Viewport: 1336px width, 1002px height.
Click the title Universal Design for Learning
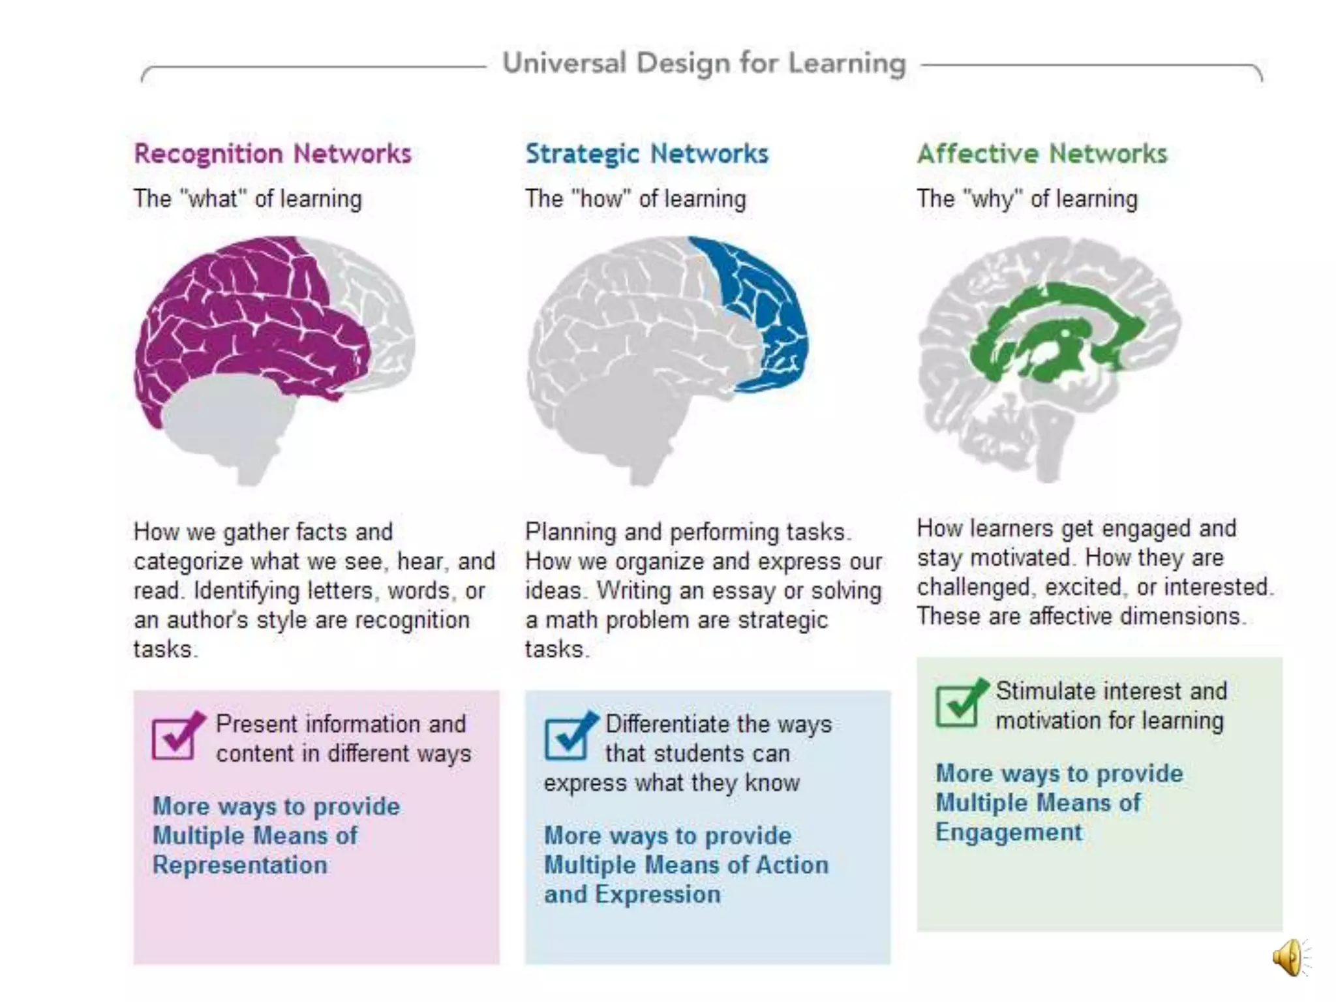pyautogui.click(x=704, y=64)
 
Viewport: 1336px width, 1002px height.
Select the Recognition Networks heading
pyautogui.click(x=273, y=154)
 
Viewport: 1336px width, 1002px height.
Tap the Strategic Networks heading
pyautogui.click(x=647, y=154)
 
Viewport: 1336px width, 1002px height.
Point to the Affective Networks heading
pyautogui.click(x=1042, y=154)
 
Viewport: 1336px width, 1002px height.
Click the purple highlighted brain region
pyautogui.click(x=248, y=313)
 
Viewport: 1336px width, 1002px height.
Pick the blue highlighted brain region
pyautogui.click(x=770, y=313)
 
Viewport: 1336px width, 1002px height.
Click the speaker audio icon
pyautogui.click(x=1289, y=957)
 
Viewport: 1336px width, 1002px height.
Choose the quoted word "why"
pyautogui.click(x=993, y=198)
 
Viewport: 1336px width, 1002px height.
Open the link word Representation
pyautogui.click(x=240, y=865)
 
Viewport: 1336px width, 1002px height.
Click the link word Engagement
pyautogui.click(x=1009, y=832)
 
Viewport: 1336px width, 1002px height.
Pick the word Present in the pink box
pyautogui.click(x=256, y=724)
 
